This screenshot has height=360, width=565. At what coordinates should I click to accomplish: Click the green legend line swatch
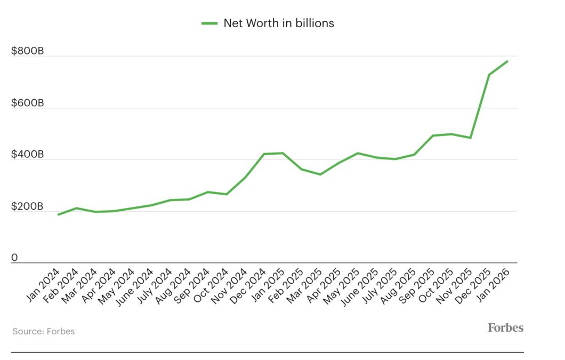(209, 23)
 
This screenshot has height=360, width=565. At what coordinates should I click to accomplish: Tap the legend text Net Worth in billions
(278, 23)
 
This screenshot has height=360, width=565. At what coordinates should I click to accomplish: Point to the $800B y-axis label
(27, 51)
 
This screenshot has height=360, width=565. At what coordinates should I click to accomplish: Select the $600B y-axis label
(27, 103)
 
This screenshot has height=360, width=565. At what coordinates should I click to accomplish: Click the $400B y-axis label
(27, 155)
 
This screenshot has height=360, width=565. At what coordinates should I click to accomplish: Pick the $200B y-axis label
(27, 206)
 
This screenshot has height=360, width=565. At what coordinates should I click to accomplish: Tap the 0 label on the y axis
(15, 258)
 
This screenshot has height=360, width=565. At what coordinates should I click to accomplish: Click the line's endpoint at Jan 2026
(507, 61)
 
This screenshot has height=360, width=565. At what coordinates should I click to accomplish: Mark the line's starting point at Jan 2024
(58, 214)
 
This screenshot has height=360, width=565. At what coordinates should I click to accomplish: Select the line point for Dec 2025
(489, 75)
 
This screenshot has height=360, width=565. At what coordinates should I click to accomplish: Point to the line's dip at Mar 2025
(320, 174)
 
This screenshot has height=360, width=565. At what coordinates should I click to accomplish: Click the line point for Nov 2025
(470, 138)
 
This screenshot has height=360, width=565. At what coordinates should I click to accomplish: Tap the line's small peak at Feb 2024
(77, 208)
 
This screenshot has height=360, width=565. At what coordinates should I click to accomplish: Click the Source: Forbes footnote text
(44, 331)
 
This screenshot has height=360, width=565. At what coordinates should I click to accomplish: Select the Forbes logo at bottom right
(505, 327)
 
